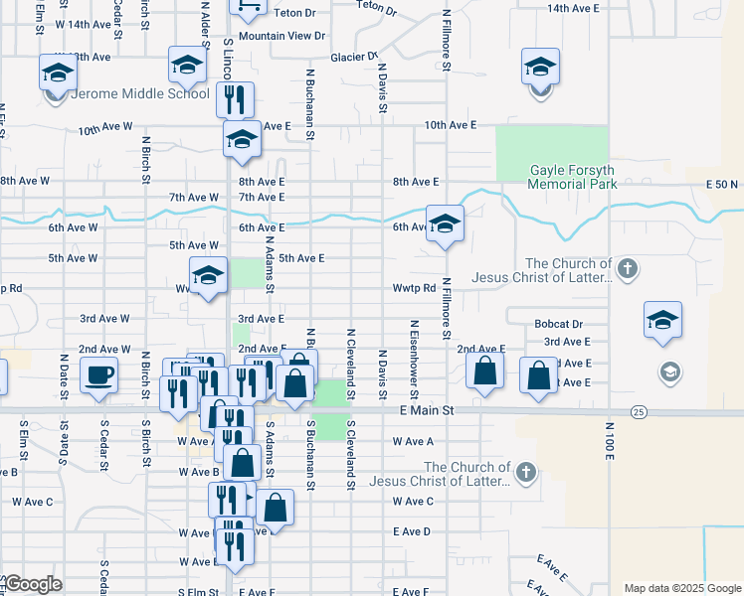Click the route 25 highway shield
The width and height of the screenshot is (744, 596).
(639, 411)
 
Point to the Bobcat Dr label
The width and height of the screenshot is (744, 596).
(557, 325)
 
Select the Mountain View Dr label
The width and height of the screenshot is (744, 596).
(282, 36)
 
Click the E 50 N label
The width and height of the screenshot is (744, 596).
(723, 186)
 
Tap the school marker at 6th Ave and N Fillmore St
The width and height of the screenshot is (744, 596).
(446, 224)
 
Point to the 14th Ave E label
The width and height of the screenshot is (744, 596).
(573, 8)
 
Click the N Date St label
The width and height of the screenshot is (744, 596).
(63, 372)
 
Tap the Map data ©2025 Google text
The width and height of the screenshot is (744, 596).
(682, 588)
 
